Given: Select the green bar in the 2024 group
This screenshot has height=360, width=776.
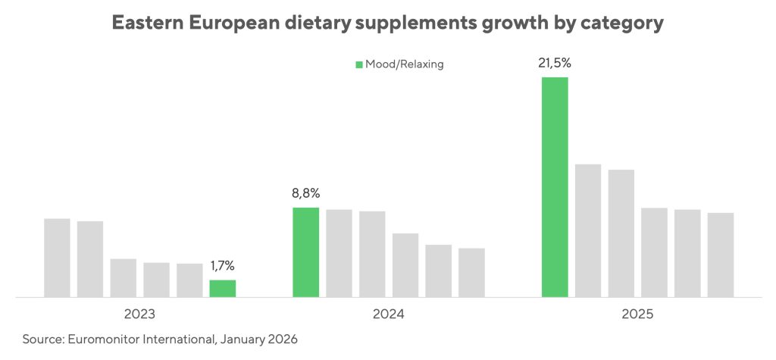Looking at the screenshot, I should point(306,252).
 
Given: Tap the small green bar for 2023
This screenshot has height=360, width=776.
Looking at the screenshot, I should point(223,288).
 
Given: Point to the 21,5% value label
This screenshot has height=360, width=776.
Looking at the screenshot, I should point(555,63).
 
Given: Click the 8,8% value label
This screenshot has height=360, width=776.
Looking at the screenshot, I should point(306,193).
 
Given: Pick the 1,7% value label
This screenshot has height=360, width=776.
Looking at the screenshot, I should point(223,266).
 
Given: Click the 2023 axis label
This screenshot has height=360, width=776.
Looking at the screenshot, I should point(140,313).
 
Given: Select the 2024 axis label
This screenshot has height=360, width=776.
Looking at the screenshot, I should point(388,313).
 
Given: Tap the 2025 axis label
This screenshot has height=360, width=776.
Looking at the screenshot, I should point(637,313).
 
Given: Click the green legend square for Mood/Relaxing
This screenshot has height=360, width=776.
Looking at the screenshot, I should point(359,64).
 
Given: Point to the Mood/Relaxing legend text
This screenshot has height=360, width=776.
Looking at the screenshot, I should point(404,64).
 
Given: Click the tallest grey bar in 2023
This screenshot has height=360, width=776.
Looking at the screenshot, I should point(57,258).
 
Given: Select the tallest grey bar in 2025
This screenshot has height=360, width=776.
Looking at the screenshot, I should point(588,230).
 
